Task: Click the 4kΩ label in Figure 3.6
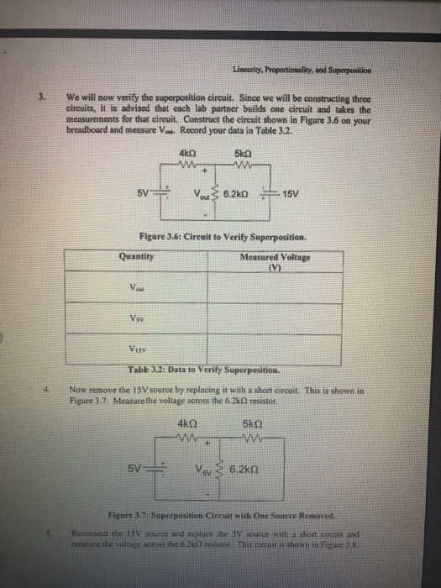[x=188, y=153]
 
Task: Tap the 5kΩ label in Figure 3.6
[x=246, y=153]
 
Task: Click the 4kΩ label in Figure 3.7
[x=188, y=423]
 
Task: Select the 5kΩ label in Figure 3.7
[x=249, y=423]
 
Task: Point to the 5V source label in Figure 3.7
[x=146, y=466]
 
